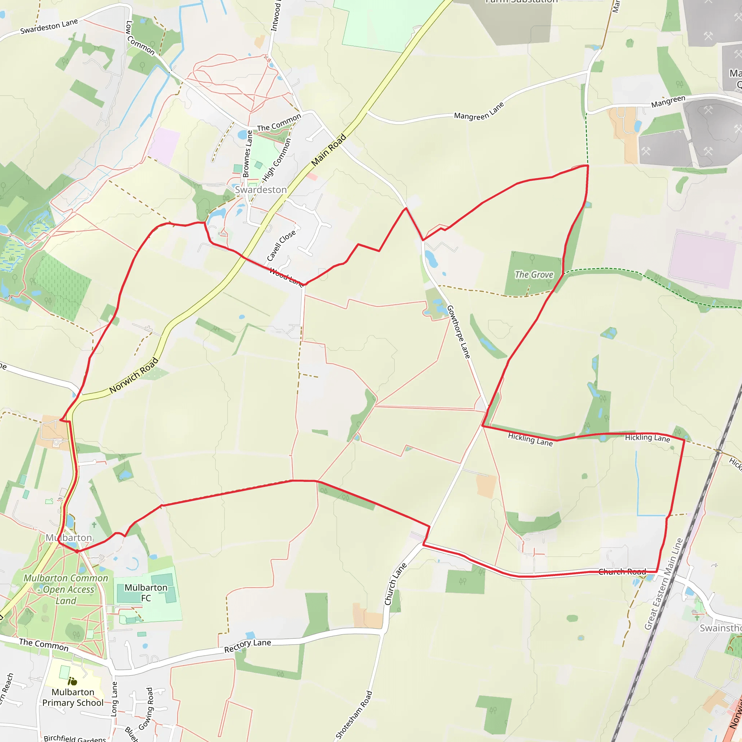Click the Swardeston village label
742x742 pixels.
[261, 190]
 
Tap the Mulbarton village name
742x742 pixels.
[69, 538]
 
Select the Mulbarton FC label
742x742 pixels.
[146, 593]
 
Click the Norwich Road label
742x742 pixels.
[134, 375]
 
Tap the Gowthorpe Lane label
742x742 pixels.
[459, 332]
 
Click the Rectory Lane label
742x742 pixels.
[248, 646]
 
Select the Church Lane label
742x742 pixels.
[396, 584]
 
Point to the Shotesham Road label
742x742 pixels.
[354, 715]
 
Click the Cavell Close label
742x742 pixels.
[281, 245]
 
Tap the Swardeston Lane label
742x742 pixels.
[49, 26]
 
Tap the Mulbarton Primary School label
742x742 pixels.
[73, 697]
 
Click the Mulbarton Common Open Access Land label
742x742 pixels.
[66, 589]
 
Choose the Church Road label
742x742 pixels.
[622, 572]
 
